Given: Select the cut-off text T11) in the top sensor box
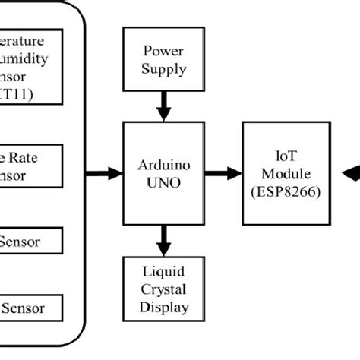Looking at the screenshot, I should (17, 96).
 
